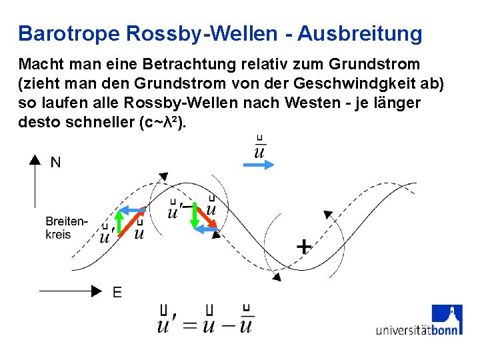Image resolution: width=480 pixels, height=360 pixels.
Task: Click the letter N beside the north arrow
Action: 56,162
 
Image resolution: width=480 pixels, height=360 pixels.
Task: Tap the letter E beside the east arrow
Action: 117,291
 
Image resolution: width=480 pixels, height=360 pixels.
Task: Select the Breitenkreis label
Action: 66,228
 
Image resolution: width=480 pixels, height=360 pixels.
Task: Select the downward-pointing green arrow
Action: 195,215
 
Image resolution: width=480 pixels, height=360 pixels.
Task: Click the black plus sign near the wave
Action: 303,247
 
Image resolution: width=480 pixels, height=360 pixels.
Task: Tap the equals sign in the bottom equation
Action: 190,325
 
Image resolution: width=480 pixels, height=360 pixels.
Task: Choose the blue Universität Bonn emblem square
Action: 447,319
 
